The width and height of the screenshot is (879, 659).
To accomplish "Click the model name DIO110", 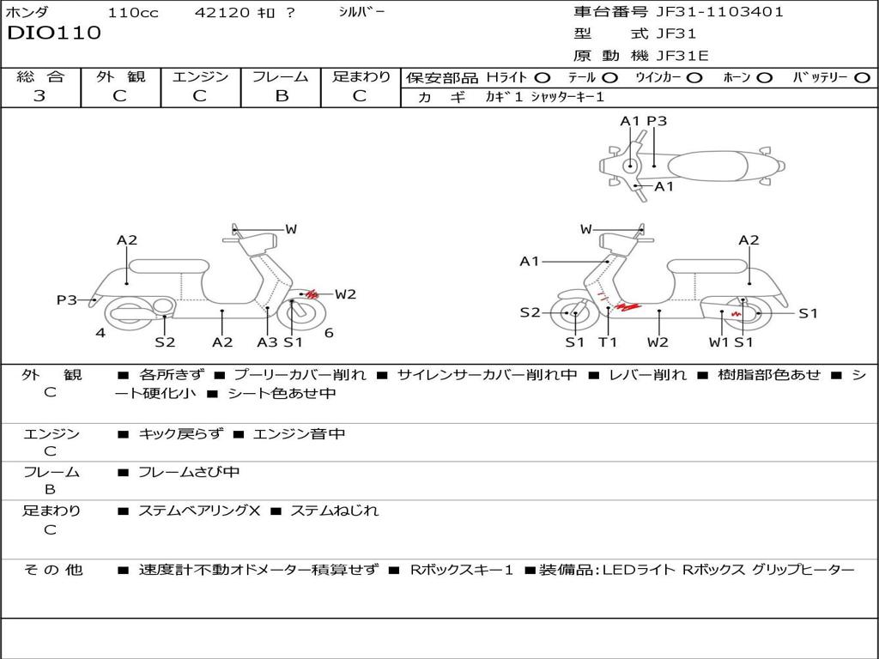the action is click(x=54, y=33).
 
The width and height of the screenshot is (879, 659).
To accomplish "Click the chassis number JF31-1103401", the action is click(x=720, y=12).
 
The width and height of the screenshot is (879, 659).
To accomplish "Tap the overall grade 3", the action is click(x=39, y=96).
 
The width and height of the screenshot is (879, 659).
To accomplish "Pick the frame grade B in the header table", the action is click(x=282, y=96).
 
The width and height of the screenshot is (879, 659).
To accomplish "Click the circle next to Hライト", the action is click(x=543, y=78).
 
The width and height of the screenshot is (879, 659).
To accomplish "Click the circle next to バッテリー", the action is click(x=862, y=78).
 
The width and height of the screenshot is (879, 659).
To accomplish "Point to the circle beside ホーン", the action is click(x=764, y=78).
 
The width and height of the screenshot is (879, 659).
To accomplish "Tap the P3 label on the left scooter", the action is click(x=67, y=300).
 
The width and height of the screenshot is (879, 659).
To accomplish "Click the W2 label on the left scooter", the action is click(x=345, y=294).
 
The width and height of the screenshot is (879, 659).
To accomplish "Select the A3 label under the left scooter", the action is click(x=267, y=342).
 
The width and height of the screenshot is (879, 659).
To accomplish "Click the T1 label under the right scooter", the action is click(x=607, y=342).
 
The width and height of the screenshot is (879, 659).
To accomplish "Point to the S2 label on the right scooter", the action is click(x=530, y=312).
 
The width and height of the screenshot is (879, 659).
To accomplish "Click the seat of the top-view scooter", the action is click(x=707, y=166).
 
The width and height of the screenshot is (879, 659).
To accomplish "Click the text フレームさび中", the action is click(x=189, y=473).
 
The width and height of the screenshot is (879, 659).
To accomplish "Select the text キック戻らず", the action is click(x=180, y=433).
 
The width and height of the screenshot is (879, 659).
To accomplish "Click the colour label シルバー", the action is click(x=361, y=12).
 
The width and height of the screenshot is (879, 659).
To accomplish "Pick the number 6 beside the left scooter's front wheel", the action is click(x=329, y=333).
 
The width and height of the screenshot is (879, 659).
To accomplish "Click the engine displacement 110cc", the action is click(x=133, y=12).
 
